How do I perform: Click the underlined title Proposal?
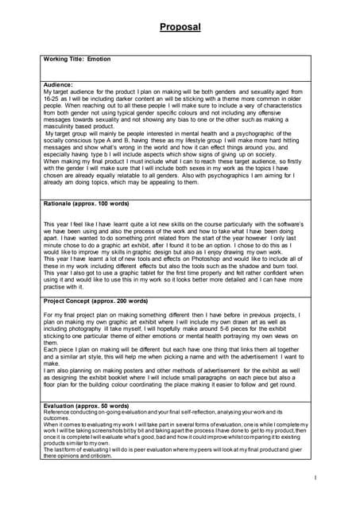click(x=180, y=28)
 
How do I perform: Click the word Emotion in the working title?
click(x=99, y=59)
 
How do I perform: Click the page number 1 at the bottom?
click(x=315, y=477)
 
